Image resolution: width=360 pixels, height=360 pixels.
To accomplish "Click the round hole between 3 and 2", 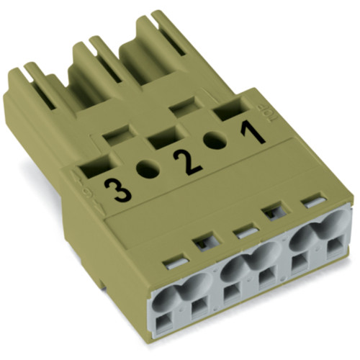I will [x=148, y=171].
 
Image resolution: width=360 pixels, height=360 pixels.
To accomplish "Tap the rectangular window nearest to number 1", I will [x=228, y=111].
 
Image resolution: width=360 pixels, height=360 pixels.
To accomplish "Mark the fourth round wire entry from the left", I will [x=268, y=252].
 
